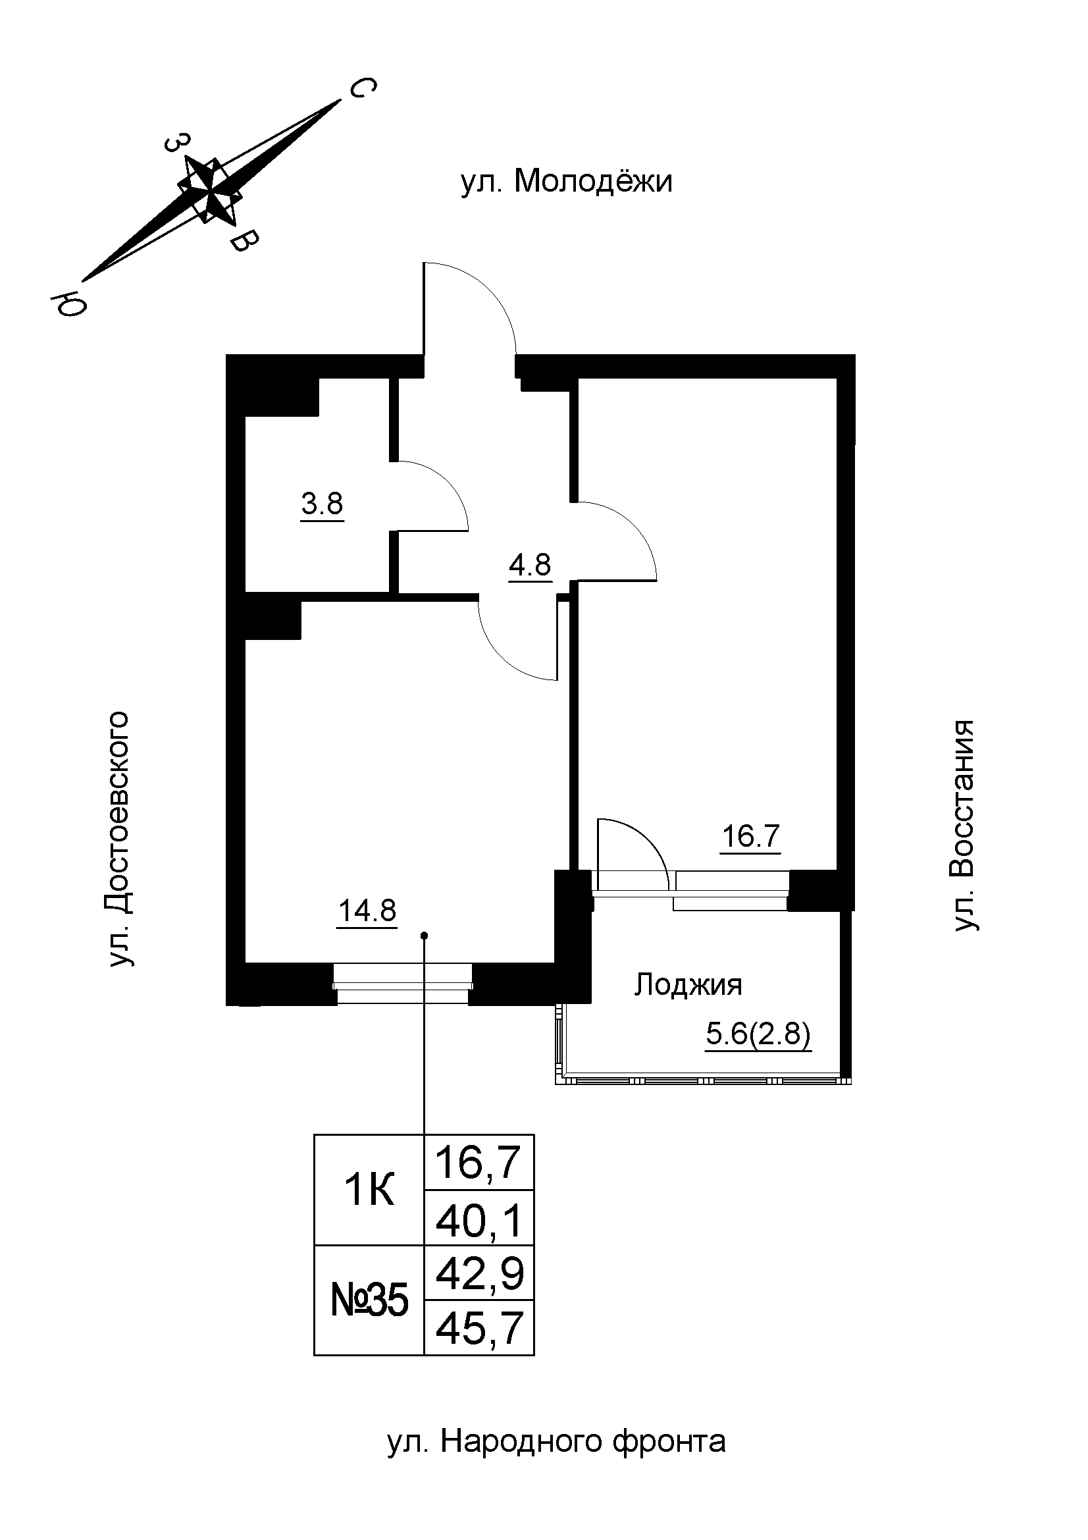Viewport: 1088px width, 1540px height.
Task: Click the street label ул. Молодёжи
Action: (x=567, y=182)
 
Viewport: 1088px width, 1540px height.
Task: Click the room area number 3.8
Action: (x=322, y=503)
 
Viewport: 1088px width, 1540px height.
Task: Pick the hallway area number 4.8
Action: (x=530, y=565)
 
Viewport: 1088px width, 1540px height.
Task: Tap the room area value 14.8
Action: (x=368, y=911)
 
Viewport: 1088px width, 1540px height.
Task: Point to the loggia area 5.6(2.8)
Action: (x=758, y=1035)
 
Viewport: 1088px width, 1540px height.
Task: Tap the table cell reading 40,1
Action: (x=479, y=1221)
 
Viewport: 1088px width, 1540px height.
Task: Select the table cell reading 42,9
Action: (x=479, y=1274)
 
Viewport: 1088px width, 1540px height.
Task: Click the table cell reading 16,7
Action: (x=479, y=1163)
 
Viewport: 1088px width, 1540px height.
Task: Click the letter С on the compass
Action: (x=363, y=88)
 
